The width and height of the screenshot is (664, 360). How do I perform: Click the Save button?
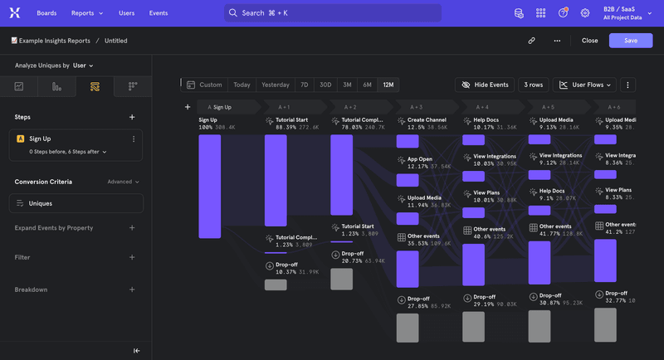coord(630,40)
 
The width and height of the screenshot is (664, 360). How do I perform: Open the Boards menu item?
coord(46,13)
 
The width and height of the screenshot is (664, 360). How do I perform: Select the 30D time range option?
coord(325,85)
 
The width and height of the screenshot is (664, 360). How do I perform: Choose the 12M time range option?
coord(388,85)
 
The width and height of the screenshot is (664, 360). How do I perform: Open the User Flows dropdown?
coord(584,85)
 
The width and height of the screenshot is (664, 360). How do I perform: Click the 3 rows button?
coord(533,85)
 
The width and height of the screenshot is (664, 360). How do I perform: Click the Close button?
coord(589,40)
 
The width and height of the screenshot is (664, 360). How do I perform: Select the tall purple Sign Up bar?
coord(209,186)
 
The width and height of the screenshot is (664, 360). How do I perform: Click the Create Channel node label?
coord(427,120)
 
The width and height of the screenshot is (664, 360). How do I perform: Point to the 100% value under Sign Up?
coord(206,128)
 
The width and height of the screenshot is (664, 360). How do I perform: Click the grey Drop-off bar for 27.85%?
coord(408,328)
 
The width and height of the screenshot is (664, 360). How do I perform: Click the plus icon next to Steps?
coord(132,117)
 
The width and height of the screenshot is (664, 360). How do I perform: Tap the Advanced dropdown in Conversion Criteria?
coord(123,182)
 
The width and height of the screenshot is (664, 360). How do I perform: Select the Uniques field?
coord(76,203)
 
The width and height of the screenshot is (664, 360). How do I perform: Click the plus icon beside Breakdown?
coord(132,289)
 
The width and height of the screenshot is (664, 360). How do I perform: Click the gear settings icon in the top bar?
coord(585,13)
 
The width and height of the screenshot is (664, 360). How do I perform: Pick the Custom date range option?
coord(204,85)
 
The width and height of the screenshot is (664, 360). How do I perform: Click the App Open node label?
coord(419,158)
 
